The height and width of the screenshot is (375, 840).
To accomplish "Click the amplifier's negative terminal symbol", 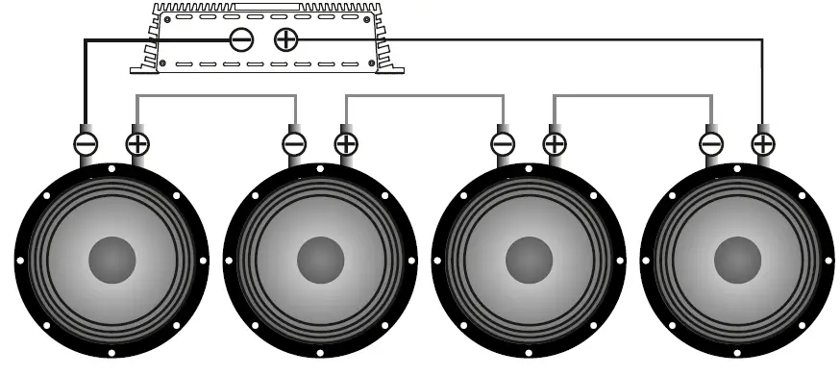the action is point(241,39).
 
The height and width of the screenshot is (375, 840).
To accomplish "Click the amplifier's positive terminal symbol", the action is point(285,39).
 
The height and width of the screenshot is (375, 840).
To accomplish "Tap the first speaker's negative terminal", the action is point(86,144).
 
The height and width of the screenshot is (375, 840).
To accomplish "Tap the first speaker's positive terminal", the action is point(137,144).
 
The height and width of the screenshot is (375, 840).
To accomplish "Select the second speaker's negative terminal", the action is point(294,144).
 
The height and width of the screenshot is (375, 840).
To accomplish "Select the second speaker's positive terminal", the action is point(346,144).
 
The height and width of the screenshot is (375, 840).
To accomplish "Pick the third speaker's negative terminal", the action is point(503,144).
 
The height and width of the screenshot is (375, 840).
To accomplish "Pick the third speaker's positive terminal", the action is point(555,144).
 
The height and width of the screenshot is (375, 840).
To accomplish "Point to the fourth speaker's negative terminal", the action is point(711,144).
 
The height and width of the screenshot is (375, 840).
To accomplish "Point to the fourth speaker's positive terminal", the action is point(763,144).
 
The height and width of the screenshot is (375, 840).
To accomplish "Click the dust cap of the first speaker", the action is point(111,260).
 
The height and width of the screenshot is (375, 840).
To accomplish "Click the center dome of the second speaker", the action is point(320,260).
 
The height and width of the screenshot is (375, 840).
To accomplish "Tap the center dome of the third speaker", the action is point(529,260).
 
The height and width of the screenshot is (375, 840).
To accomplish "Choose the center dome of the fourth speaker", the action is point(737,260).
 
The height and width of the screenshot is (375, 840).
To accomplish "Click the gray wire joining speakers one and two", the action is point(216,96).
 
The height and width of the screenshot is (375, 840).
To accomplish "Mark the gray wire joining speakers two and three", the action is point(424,96).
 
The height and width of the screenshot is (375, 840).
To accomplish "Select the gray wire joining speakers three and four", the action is point(632,96).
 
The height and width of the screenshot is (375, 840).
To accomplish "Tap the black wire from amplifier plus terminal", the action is point(577,39).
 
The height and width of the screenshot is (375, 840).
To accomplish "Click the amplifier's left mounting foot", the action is point(144,64).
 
